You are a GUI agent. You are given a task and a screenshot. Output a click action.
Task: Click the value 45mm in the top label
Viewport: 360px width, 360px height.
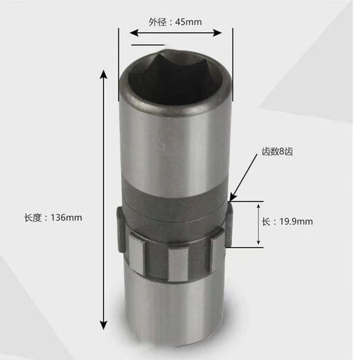click(x=188, y=21)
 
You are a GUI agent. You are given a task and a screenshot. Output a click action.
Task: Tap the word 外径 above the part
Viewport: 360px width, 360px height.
click(x=157, y=21)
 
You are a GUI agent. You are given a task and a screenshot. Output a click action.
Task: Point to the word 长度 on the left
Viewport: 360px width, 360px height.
click(x=33, y=217)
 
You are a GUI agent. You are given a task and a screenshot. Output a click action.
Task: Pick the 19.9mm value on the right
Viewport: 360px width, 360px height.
click(x=296, y=222)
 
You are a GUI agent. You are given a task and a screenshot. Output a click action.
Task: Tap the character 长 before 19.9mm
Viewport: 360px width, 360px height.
click(x=266, y=222)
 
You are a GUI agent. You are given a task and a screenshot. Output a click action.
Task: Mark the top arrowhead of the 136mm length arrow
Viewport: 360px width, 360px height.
click(x=105, y=73)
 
